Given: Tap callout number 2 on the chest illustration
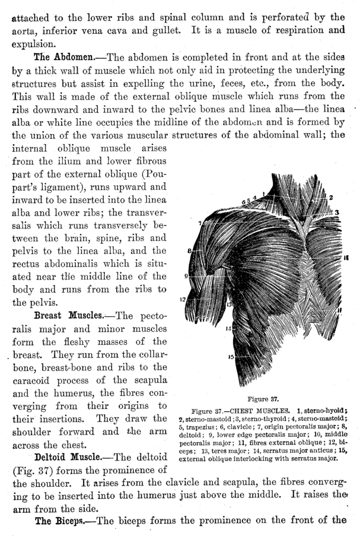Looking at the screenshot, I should coord(332,198).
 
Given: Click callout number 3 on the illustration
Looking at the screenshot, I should coord(336,212).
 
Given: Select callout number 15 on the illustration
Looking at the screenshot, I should coord(232,356).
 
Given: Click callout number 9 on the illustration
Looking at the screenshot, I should coord(186,275).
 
